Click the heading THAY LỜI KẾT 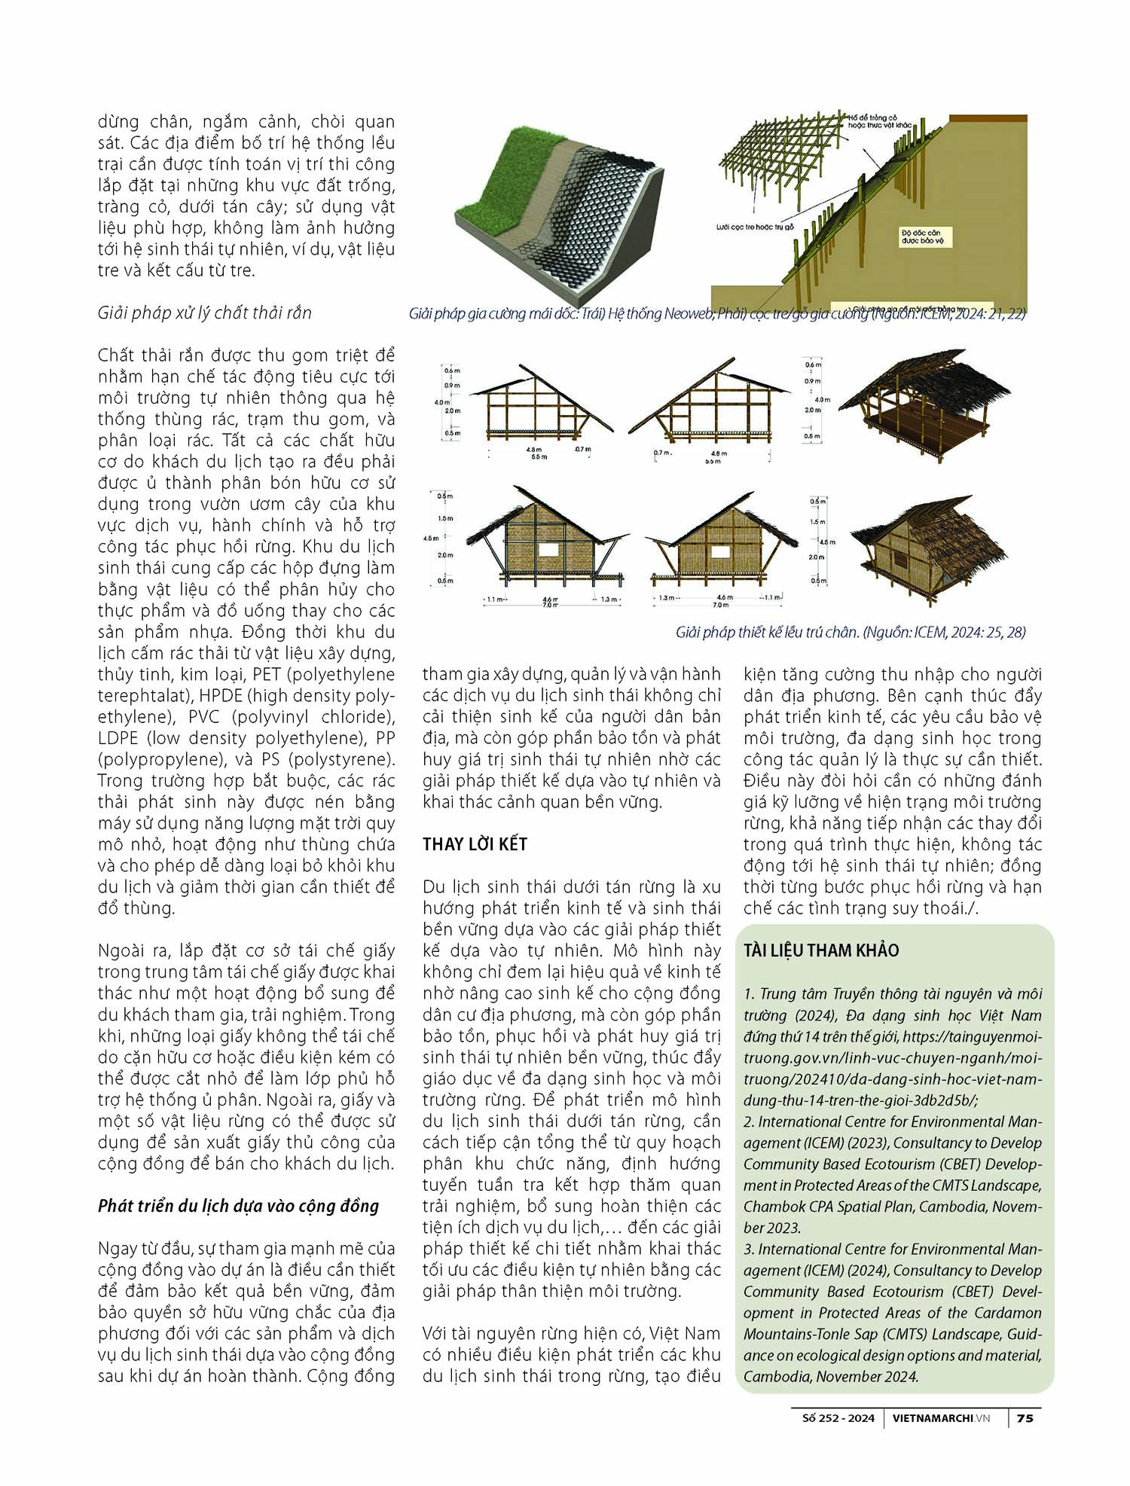(x=475, y=844)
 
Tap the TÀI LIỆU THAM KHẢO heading (x=821, y=950)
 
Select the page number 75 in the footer (x=1025, y=1418)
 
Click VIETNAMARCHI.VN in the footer (x=940, y=1418)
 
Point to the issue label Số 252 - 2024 (x=838, y=1418)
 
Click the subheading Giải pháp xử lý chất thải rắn (x=204, y=313)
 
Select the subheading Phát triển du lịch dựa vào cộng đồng (x=238, y=1206)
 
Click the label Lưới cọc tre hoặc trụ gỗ (x=755, y=226)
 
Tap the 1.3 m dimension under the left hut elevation (x=608, y=600)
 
